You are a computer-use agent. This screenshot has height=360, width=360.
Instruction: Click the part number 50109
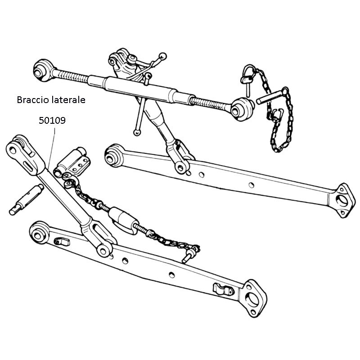[x=52, y=120]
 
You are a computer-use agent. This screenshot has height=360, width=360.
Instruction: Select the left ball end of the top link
[x=44, y=70]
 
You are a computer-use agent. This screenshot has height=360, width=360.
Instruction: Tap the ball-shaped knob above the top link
[x=163, y=56]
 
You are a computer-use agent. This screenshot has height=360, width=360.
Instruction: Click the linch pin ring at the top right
[x=249, y=73]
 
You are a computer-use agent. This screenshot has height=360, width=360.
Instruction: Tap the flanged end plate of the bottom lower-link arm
[x=253, y=298]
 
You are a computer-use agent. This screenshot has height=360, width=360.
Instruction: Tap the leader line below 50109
[x=52, y=148]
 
